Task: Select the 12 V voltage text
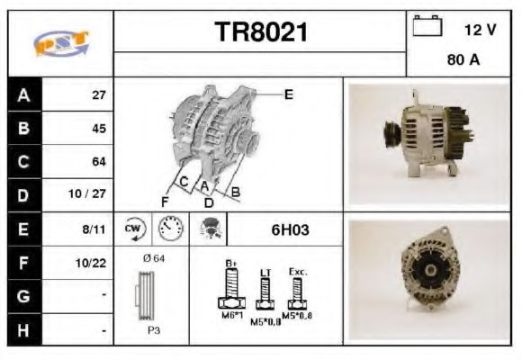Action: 479,30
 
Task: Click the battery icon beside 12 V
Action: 427,27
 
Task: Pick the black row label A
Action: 22,94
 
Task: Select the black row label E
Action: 22,229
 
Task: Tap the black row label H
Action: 22,330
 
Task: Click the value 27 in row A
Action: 99,94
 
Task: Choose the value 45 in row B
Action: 99,128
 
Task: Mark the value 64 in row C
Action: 99,162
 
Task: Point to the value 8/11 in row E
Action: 94,229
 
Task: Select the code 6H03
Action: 290,229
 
